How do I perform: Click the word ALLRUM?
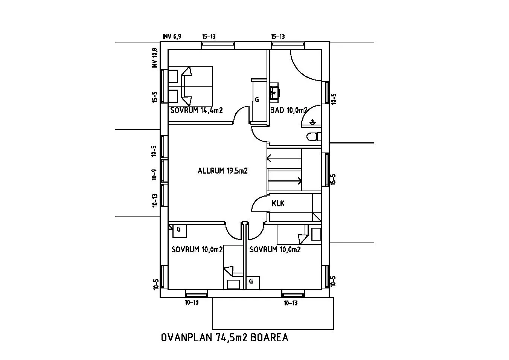click(x=211, y=171)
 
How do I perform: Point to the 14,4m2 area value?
click(x=212, y=110)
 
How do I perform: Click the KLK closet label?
click(x=278, y=203)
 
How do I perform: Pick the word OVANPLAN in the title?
click(x=186, y=337)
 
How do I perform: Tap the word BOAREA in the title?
click(x=270, y=337)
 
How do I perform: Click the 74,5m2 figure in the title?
click(x=231, y=337)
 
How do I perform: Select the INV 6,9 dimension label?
click(x=172, y=37)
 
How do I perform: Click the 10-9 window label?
click(x=154, y=175)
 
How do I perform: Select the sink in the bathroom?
click(x=275, y=93)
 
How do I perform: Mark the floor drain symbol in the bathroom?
click(x=313, y=122)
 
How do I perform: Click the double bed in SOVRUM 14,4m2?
click(x=190, y=86)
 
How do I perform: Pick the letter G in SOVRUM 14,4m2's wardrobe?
click(x=257, y=99)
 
